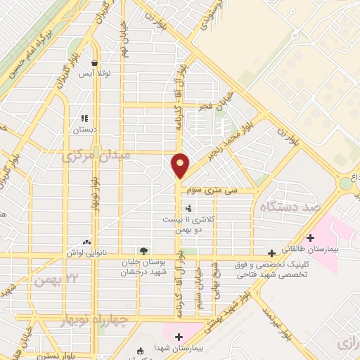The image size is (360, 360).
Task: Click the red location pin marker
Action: click(181, 165)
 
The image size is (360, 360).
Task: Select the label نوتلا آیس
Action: click(90, 74)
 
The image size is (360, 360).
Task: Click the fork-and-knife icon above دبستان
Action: click(84, 119)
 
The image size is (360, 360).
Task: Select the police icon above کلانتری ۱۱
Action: click(188, 208)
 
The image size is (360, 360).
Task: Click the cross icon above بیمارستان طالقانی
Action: click(310, 238)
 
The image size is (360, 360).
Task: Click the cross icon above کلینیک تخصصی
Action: click(271, 252)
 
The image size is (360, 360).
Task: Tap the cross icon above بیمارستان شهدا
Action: click(179, 337)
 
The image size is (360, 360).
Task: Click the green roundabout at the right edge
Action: click(346, 184)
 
